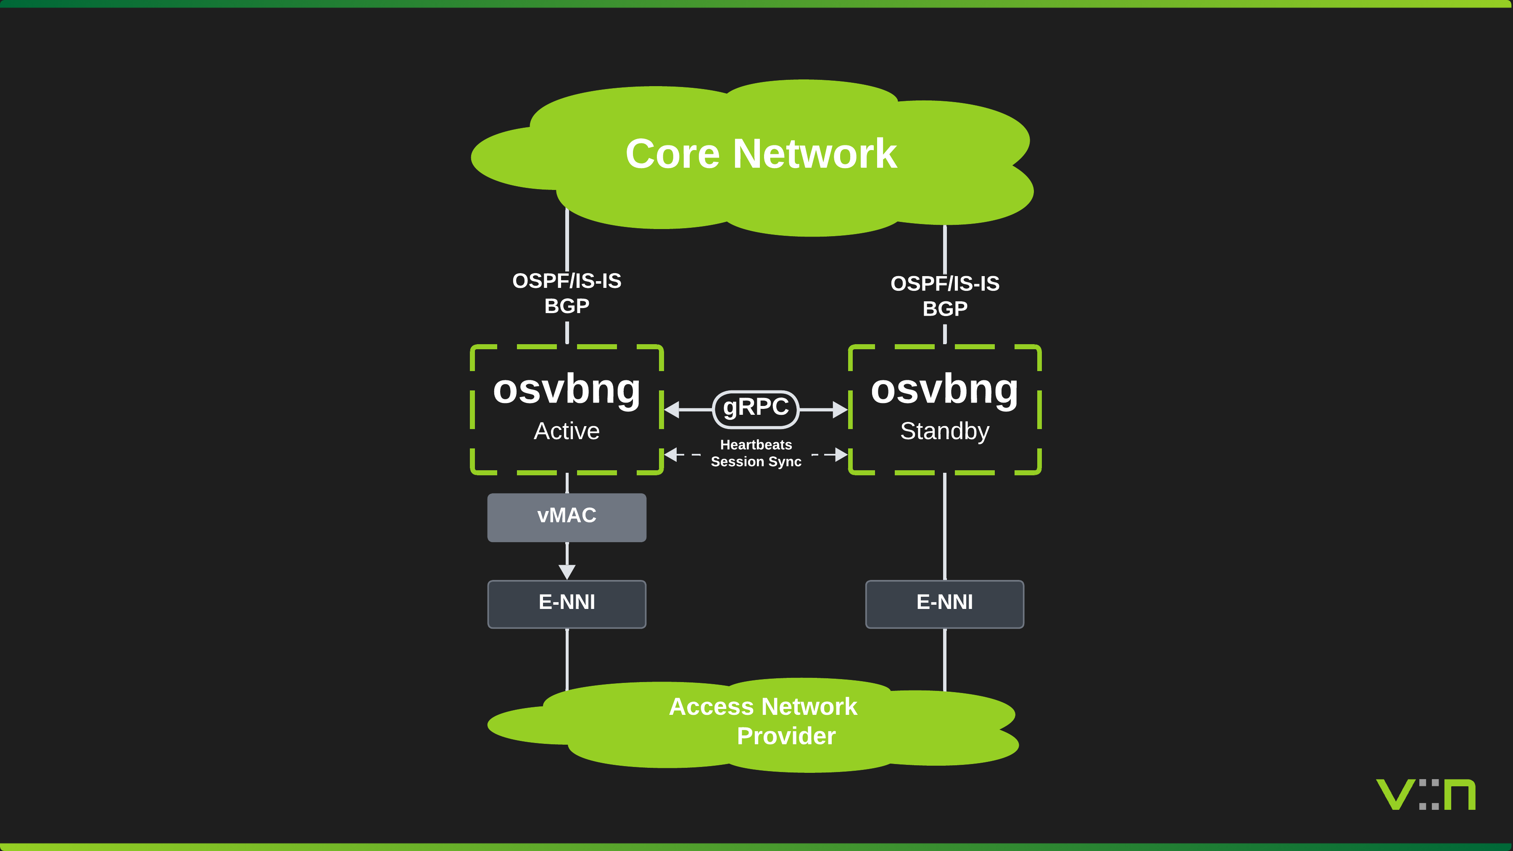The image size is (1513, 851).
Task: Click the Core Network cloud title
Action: [761, 154]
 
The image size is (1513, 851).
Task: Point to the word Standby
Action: [944, 431]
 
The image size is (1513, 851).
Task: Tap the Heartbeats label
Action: [756, 445]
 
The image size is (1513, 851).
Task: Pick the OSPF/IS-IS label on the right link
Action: [944, 284]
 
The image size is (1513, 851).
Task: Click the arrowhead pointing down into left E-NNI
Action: [567, 572]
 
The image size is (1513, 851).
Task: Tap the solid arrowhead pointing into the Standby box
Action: [840, 409]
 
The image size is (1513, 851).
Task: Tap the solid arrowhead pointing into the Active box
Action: [672, 409]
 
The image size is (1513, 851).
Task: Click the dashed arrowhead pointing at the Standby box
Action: [841, 455]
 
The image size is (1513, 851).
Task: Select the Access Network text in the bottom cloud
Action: [762, 706]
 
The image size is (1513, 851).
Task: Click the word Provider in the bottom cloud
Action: [786, 736]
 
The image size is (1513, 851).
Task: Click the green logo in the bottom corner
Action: [1426, 795]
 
